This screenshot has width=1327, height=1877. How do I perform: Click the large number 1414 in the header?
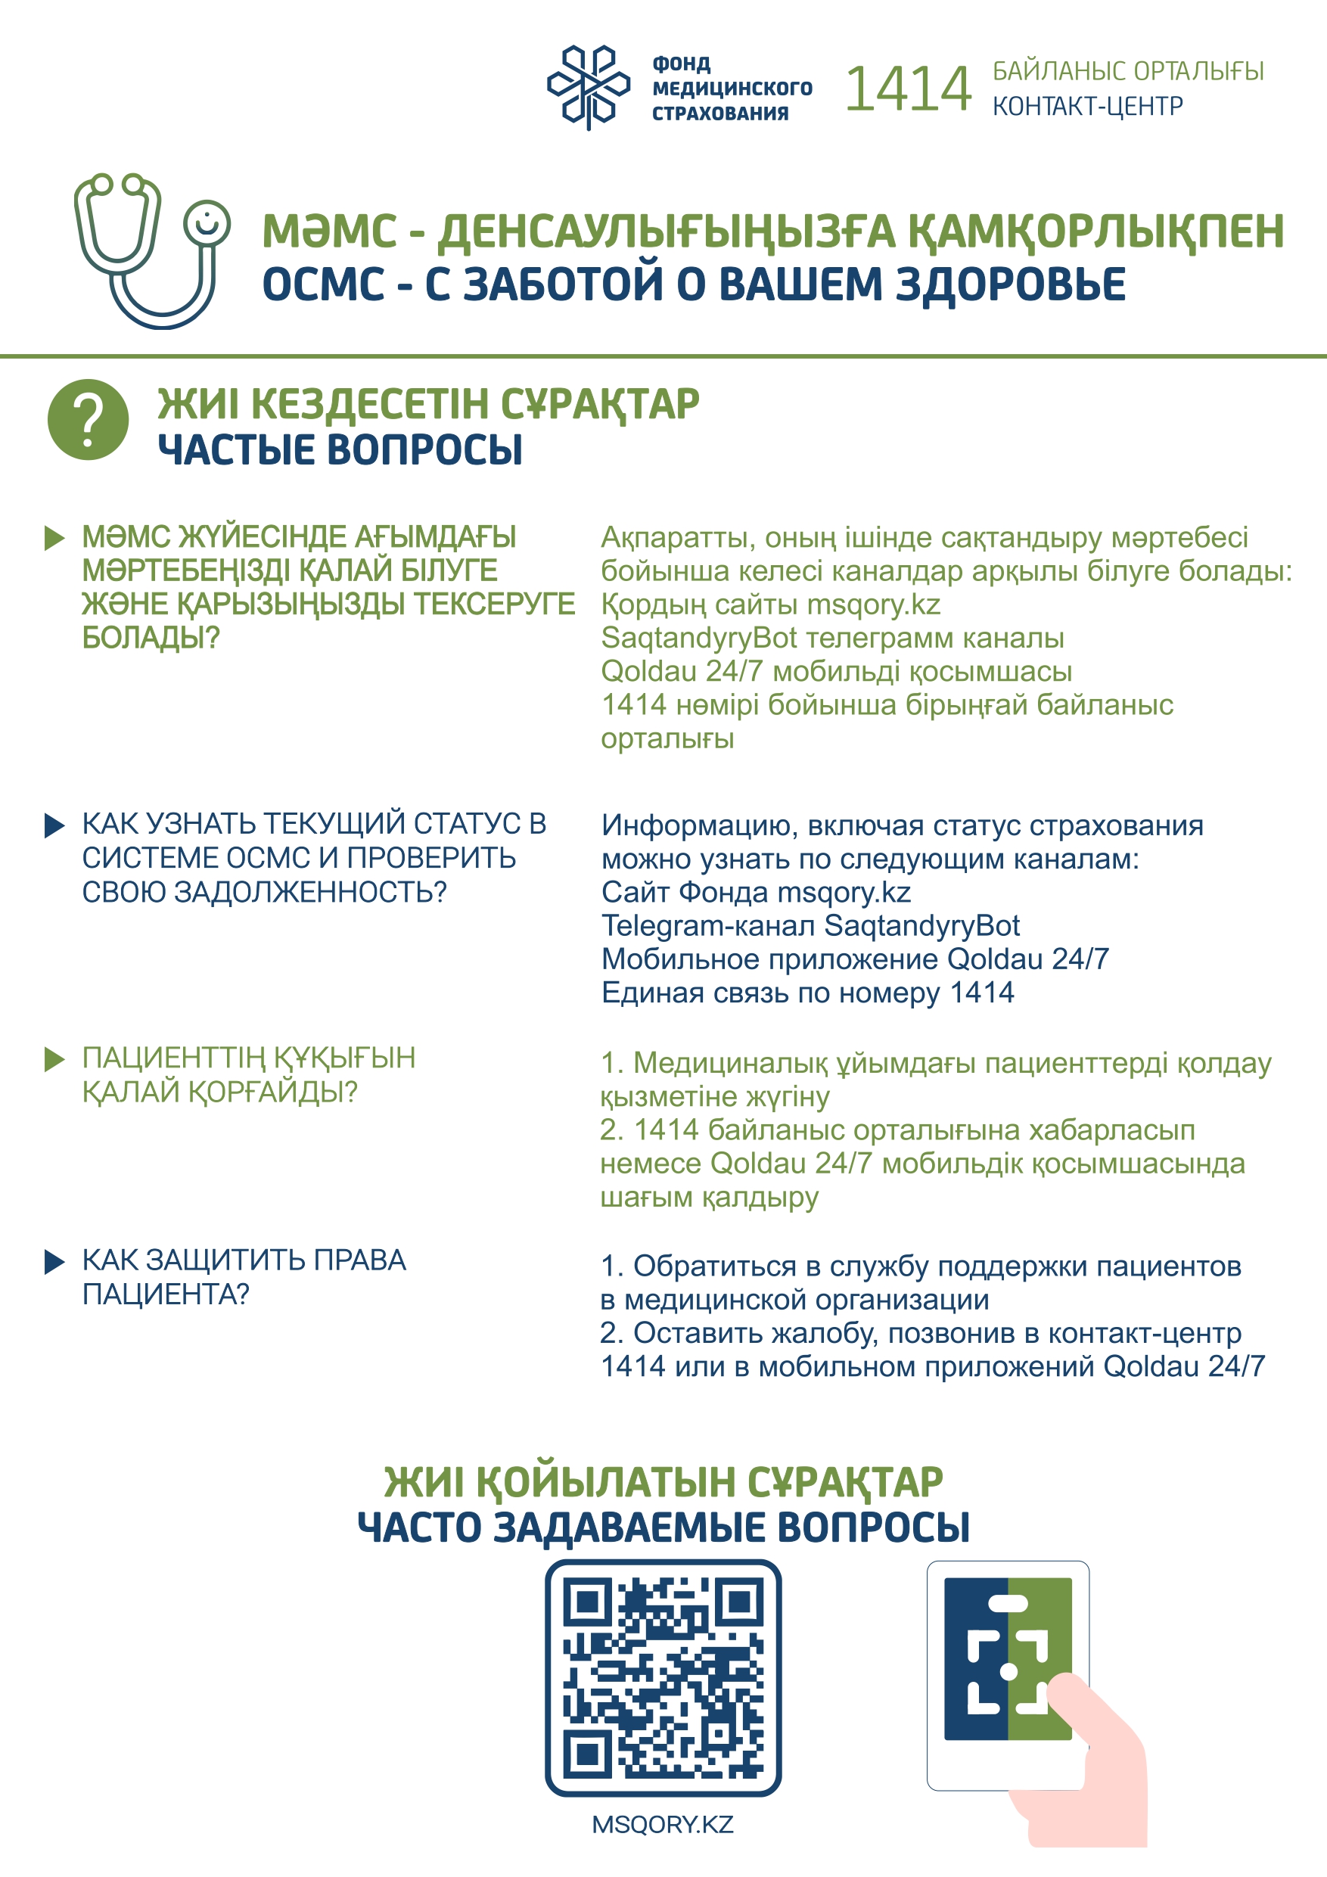coord(908,89)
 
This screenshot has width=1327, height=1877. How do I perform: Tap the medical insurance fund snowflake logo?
coord(588,87)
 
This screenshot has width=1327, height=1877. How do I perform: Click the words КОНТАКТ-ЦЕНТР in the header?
coord(1087,106)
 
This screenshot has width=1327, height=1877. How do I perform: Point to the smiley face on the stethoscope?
coord(207,222)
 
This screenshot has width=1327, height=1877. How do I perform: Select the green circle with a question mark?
coord(89,419)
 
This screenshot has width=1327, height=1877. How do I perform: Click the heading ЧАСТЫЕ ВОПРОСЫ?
coord(340,450)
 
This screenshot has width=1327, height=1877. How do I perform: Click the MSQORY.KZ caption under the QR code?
coord(663,1825)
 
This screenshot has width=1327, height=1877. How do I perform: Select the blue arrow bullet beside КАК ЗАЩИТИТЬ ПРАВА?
coord(54,1261)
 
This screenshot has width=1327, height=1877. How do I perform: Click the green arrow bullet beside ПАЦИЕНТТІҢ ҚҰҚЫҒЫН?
coord(54,1059)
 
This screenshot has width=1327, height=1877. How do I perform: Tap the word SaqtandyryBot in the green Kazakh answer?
coord(698,638)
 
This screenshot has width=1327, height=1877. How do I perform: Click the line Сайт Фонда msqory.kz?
coord(756,892)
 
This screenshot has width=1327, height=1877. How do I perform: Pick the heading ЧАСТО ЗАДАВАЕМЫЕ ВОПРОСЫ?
coord(663,1527)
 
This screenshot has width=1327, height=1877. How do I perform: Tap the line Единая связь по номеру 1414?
coord(807,993)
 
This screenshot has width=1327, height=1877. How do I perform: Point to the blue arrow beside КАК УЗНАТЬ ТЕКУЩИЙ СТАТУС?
coord(54,825)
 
